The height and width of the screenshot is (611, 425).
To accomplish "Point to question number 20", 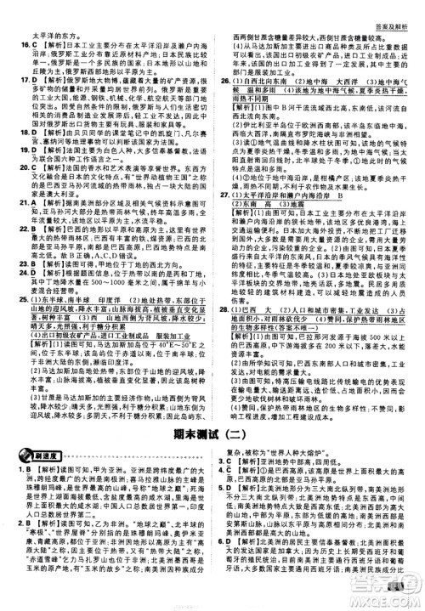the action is coord(12,168).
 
